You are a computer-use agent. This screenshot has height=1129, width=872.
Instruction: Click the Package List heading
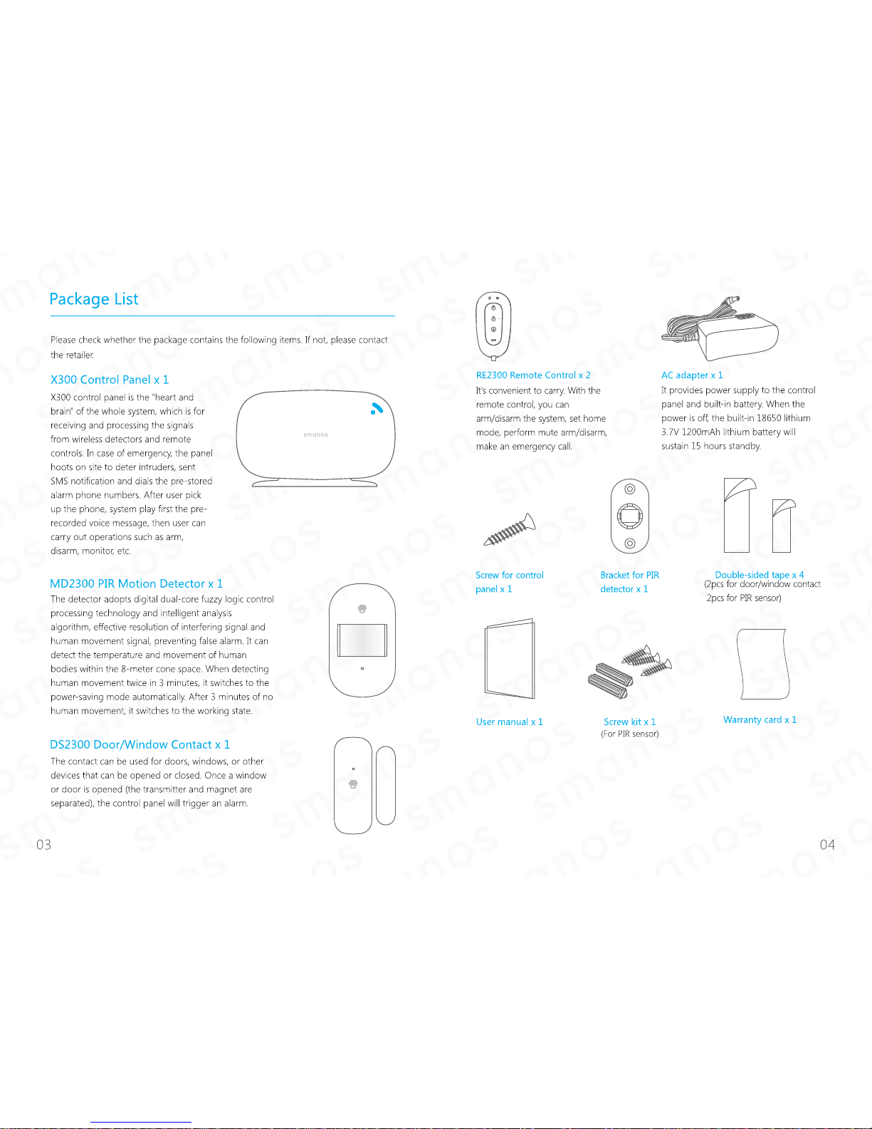94,298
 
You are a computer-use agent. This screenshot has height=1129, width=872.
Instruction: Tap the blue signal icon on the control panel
377,408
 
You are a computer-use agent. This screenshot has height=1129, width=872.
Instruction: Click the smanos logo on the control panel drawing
315,435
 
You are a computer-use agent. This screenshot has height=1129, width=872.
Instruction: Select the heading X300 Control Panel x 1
110,379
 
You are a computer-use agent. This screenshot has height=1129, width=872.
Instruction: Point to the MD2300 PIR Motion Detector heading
137,583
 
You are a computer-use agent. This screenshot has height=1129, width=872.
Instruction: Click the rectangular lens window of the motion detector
362,640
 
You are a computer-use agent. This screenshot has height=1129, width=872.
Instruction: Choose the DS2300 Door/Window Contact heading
140,744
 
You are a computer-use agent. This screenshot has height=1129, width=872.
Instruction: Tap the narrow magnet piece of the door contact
386,786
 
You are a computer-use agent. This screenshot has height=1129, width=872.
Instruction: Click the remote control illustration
493,326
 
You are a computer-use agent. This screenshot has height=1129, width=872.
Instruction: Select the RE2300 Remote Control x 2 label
533,375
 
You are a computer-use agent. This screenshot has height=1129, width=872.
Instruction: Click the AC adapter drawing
720,329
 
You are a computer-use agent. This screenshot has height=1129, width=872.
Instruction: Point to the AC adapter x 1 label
692,375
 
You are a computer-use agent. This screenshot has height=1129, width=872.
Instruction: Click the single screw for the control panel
509,529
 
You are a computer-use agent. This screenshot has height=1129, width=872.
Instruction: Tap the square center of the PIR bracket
629,516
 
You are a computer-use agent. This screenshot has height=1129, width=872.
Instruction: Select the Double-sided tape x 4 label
760,575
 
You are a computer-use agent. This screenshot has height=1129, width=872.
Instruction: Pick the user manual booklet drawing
510,658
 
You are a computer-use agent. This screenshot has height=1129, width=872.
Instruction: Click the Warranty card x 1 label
760,719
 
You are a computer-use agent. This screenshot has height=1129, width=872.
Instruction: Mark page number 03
43,845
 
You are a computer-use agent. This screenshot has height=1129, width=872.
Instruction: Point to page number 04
827,845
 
